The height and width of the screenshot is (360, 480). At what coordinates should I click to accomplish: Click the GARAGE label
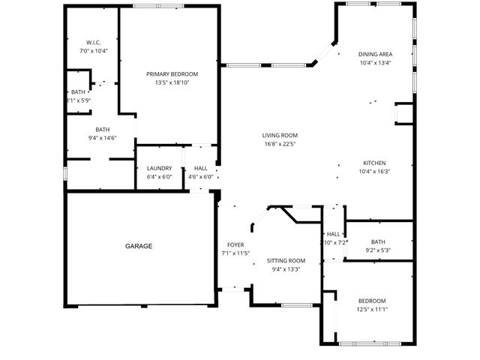pos(139,246)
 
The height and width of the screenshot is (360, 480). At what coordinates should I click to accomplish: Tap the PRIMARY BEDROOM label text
pos(172,73)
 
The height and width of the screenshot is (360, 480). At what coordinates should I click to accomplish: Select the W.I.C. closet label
pos(94,42)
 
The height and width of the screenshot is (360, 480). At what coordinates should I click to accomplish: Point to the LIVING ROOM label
pos(280,135)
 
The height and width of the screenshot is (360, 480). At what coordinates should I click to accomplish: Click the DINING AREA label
pos(376,54)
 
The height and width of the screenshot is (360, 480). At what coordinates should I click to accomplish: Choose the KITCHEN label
pos(374,163)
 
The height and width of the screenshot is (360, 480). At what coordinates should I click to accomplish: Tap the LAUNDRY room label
pos(159,168)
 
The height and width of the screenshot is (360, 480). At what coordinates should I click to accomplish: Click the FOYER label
pos(235,245)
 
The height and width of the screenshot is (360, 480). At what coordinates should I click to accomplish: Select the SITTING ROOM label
pos(286,260)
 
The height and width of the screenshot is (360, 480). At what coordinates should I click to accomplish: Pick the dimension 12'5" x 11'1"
pos(371,309)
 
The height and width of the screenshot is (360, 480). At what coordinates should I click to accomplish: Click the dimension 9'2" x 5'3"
pos(377,250)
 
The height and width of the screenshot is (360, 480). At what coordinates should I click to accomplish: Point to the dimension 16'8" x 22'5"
pos(280,144)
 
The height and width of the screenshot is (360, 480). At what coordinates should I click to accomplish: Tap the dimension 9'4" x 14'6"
pos(102,138)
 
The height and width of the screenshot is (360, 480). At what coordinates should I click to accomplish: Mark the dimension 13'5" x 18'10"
pos(172,82)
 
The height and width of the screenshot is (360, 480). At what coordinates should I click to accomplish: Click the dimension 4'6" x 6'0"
pos(201,177)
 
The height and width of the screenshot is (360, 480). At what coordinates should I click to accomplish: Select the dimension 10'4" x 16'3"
pos(374,172)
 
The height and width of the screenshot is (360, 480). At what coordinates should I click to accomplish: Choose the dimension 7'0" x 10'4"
pos(94,51)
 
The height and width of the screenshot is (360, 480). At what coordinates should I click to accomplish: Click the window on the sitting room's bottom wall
pos(297,305)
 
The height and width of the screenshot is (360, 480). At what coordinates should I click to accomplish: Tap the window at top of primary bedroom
pos(159,6)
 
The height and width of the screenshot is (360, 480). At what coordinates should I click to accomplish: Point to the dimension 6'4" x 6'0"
pos(159,177)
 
